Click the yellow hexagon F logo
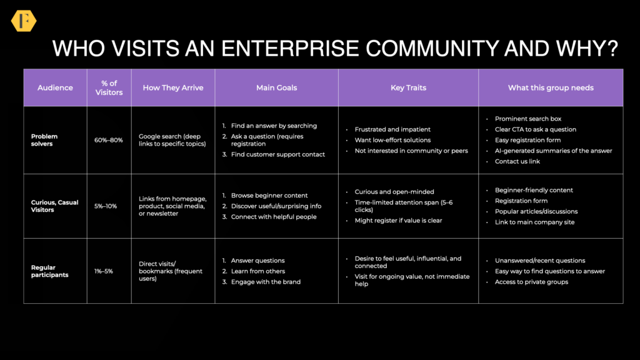pos(24,21)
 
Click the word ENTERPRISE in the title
pos(290,49)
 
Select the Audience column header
pos(55,87)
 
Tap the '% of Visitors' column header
pos(109,87)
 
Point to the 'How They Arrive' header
pos(173,87)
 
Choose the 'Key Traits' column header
pos(408,87)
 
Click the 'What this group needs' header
pos(551,87)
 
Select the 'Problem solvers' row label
pos(44,140)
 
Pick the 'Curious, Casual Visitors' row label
pos(55,206)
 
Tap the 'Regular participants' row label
pos(50,271)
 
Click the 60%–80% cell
pos(109,140)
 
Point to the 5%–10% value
pos(106,206)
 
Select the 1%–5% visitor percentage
pos(104,271)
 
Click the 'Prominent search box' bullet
pos(528,119)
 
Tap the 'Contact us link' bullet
pos(517,161)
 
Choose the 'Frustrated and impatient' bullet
pos(392,129)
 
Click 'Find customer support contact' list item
pos(278,154)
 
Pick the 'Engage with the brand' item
pos(266,282)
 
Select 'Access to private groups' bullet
pos(531,282)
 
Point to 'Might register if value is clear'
pos(398,221)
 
